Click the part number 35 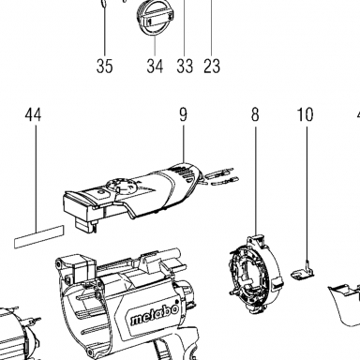click(104, 66)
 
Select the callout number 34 click(155, 66)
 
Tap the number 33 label click(185, 66)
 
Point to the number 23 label click(212, 66)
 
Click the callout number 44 click(33, 114)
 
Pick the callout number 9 click(183, 114)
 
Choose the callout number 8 click(255, 114)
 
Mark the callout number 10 click(305, 114)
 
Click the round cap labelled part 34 click(155, 18)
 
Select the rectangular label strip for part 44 click(39, 236)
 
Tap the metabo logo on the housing click(155, 315)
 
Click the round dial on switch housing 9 click(121, 187)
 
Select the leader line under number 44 click(36, 179)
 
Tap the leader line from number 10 click(307, 194)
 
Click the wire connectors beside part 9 click(222, 177)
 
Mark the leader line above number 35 click(104, 30)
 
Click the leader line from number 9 click(184, 143)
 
